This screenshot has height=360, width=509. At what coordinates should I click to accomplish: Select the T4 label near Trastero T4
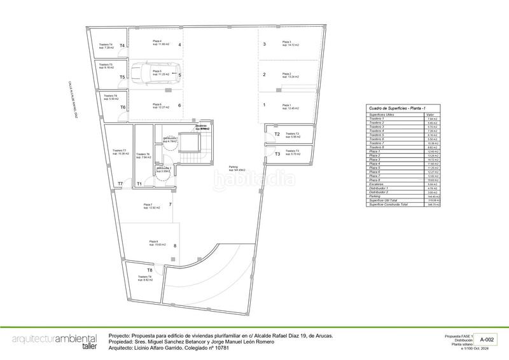coord(122,46)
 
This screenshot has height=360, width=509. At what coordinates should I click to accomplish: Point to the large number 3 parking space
coord(264,45)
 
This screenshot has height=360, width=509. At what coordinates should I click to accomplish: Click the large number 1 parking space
coord(264,105)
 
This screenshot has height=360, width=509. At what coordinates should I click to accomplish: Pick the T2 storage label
coord(277,135)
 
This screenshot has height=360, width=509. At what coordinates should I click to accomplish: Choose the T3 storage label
coord(277,154)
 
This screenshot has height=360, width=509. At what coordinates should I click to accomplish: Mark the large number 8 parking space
coord(174,245)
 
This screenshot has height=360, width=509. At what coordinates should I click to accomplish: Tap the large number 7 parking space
coord(171,204)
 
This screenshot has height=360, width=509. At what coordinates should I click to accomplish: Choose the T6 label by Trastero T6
coord(123,107)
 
